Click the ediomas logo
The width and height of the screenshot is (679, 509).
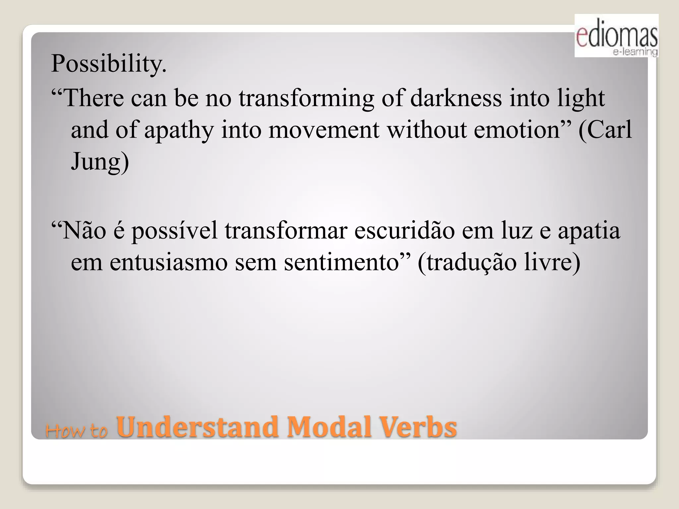tap(616, 36)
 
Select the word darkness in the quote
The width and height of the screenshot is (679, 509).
tap(456, 98)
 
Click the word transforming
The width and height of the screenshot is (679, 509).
tap(306, 99)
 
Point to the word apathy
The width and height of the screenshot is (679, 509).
tap(179, 130)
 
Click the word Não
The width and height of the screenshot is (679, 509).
tap(83, 230)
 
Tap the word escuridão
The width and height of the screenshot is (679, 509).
tap(404, 230)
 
